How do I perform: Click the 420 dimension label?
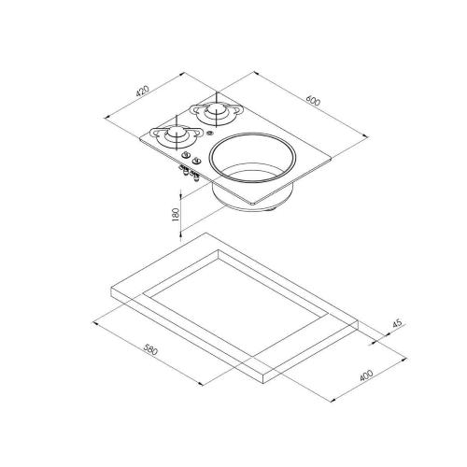(143, 91)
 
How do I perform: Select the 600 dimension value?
(313, 101)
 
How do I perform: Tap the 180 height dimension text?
(176, 214)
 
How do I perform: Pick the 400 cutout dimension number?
(366, 375)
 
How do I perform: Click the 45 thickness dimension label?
(398, 323)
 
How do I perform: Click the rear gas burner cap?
(215, 109)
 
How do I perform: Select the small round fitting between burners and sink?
(209, 134)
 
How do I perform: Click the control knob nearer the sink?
(195, 161)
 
